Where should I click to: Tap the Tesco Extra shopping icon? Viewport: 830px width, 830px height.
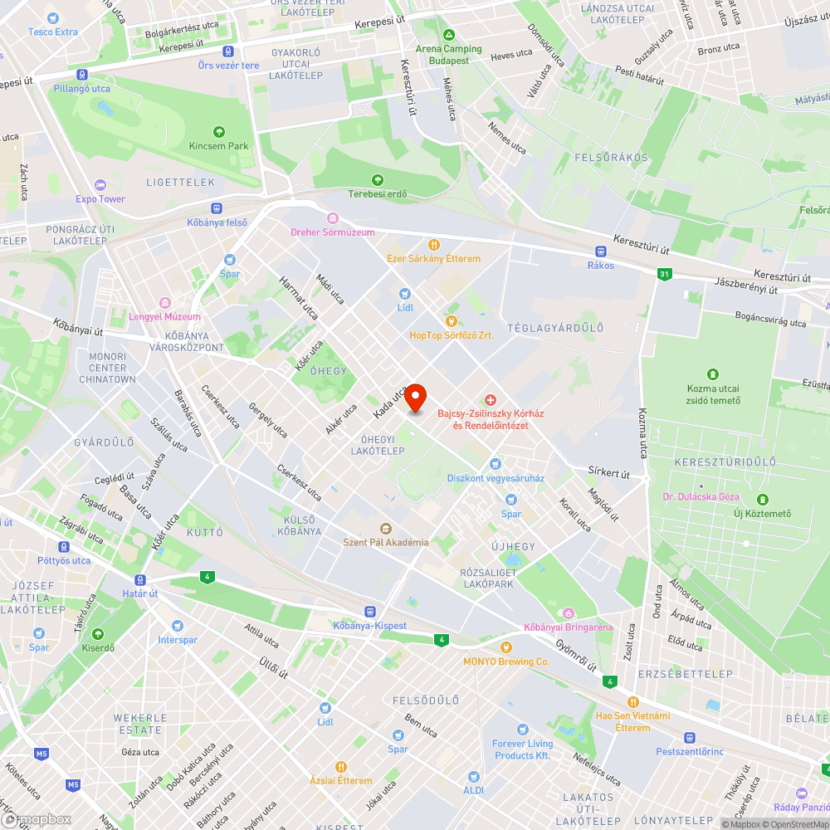point(53,18)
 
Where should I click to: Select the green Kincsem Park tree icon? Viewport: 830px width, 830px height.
point(218,131)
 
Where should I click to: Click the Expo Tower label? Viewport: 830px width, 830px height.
point(100,199)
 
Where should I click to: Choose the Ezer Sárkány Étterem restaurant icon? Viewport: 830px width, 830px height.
point(433,244)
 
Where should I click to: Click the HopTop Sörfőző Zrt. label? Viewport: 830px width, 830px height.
point(452,335)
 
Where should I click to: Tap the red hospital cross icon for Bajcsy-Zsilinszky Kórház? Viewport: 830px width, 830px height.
point(490,400)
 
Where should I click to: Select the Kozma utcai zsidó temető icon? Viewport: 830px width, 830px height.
point(712,374)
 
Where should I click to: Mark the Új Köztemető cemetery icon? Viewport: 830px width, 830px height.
point(762,499)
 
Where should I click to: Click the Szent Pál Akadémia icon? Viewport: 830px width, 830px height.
point(385,528)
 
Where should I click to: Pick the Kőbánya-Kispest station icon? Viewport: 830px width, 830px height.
point(369,612)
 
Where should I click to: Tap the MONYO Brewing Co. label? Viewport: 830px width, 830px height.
point(506,662)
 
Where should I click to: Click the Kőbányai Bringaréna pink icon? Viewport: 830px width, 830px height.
point(569,613)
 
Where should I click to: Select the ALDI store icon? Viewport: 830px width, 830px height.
point(474,777)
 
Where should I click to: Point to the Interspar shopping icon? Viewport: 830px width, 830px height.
point(177,626)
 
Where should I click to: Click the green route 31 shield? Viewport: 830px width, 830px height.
point(663,274)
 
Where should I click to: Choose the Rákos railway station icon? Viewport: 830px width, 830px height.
point(600,251)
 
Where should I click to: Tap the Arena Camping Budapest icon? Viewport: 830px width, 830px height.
point(448,36)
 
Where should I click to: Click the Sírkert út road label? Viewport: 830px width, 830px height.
point(610,474)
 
